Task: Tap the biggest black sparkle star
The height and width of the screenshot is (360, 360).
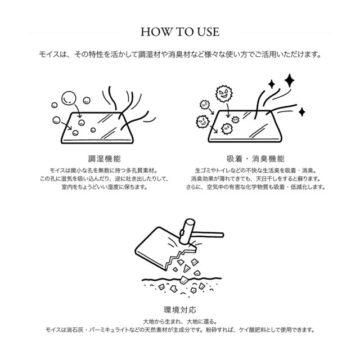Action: [289, 80]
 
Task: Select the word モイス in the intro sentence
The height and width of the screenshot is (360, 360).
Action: [47, 55]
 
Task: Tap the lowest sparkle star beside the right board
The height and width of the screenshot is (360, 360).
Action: [301, 112]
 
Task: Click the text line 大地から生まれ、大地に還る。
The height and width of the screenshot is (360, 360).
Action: [179, 321]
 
